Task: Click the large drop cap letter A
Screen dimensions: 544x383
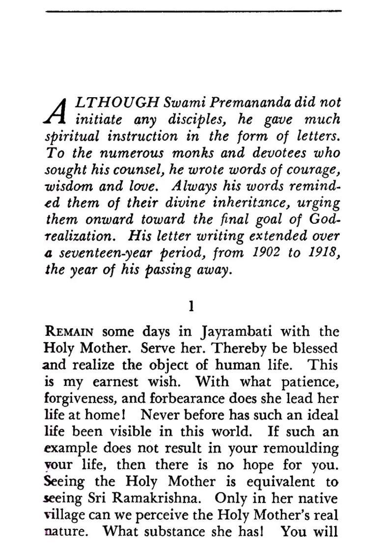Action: (x=58, y=110)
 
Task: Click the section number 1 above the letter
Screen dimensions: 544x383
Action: (x=191, y=307)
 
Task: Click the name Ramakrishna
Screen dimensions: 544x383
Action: (x=157, y=498)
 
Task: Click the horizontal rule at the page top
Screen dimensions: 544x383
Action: (x=193, y=11)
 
